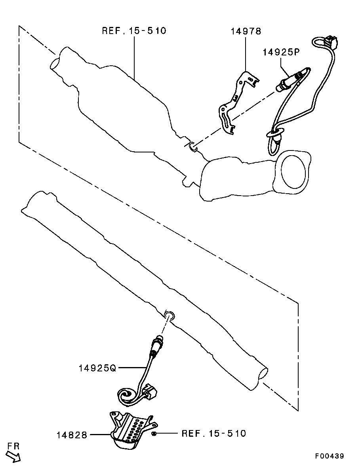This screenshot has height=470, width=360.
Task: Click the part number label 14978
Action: click(x=246, y=31)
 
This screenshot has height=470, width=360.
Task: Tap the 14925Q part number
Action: click(x=97, y=368)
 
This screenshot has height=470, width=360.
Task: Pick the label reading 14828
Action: click(x=72, y=435)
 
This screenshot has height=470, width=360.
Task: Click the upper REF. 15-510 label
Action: click(x=134, y=31)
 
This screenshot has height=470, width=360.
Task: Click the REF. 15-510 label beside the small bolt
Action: click(x=214, y=434)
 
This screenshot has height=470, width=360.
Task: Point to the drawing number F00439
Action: click(x=330, y=456)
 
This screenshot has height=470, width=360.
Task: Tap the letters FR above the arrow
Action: click(x=13, y=446)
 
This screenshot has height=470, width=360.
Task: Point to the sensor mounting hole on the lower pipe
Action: click(x=169, y=315)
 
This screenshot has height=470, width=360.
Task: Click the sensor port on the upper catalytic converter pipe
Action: click(x=193, y=147)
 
